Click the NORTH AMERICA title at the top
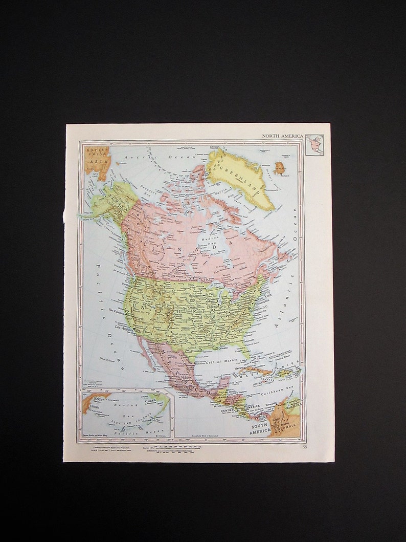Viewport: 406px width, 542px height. (x=283, y=136)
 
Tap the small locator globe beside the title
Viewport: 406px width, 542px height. (x=314, y=145)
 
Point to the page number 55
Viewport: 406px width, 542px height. (x=305, y=447)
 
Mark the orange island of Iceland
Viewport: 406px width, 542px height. (x=280, y=168)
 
